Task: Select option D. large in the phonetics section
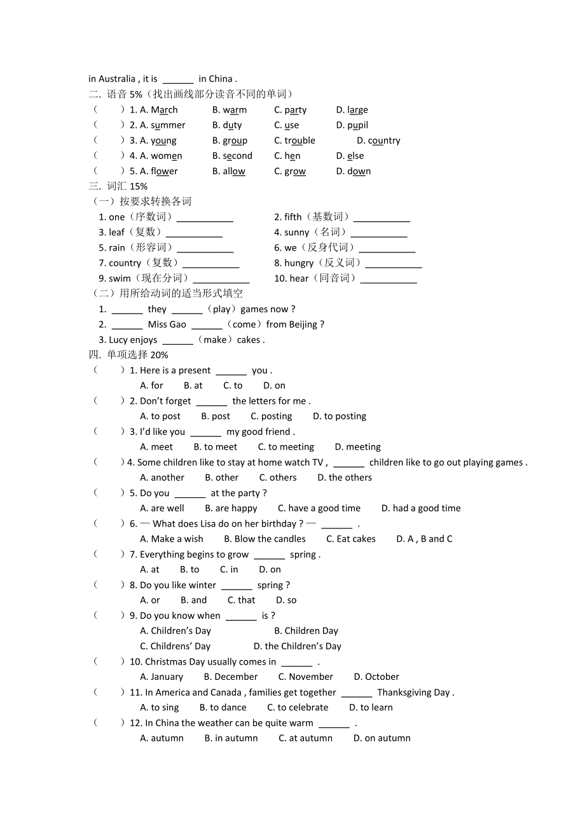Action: tap(352, 110)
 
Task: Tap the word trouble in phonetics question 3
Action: tap(299, 141)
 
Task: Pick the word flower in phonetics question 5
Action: tap(164, 171)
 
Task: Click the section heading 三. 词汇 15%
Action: tap(118, 186)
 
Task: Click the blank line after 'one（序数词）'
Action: tap(205, 218)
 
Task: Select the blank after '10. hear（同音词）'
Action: tap(389, 280)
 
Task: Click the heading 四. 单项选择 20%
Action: tap(128, 355)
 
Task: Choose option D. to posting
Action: tap(340, 416)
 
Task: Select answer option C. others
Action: tap(278, 478)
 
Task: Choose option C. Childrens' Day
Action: tap(175, 646)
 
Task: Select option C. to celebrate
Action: tap(298, 707)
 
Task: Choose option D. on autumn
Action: tap(382, 738)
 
